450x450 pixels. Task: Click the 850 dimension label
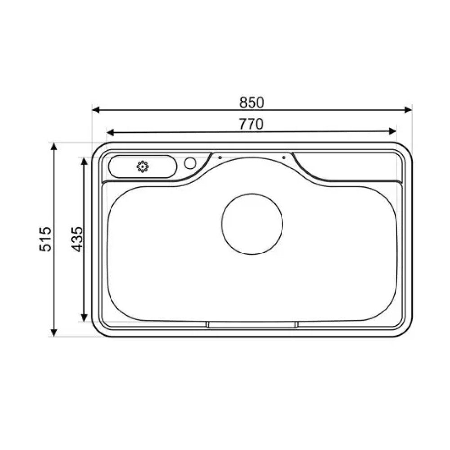pos(252,103)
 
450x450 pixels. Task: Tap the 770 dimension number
pos(251,124)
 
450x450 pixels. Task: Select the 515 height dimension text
pos(45,239)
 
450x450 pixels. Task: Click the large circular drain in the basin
pos(252,224)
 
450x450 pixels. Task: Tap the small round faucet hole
pos(190,163)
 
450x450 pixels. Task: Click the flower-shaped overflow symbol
pos(143,167)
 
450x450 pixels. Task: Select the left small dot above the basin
pos(220,157)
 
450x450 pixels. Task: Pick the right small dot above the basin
pos(284,157)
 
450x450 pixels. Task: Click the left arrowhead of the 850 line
pos(96,110)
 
